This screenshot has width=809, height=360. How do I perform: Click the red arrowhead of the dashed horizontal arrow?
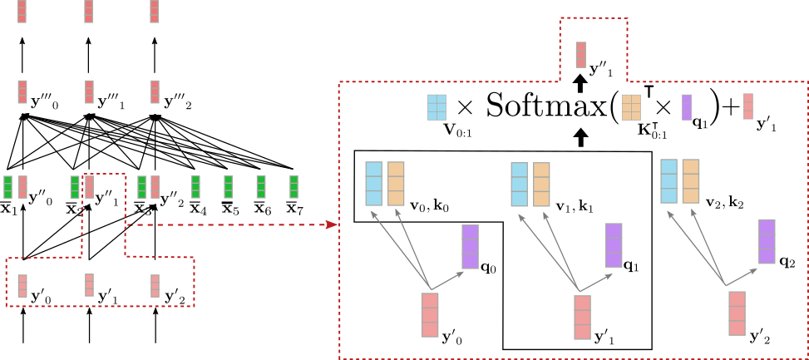[x=332, y=224]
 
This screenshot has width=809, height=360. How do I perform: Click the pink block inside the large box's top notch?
[x=580, y=55]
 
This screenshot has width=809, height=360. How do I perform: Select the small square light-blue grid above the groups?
[x=437, y=107]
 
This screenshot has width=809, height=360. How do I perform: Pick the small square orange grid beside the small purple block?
[x=631, y=107]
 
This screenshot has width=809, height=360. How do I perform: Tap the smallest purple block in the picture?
[x=686, y=107]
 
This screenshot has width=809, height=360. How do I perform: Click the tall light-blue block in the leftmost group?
[x=373, y=184]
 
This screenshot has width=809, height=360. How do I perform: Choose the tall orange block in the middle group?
[x=541, y=185]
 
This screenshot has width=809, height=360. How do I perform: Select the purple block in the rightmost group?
[x=767, y=241]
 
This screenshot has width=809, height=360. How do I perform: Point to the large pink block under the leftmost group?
[x=429, y=314]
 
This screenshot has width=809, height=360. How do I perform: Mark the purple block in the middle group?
[x=614, y=245]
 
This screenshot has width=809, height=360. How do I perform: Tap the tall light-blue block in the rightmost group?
[x=668, y=181]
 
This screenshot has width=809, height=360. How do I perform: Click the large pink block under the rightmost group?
[x=737, y=313]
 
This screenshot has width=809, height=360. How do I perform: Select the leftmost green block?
[x=7, y=187]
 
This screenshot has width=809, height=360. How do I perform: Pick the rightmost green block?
[x=294, y=186]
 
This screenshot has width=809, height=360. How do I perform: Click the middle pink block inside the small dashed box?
[x=89, y=285]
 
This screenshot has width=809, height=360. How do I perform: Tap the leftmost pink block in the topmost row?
[x=22, y=11]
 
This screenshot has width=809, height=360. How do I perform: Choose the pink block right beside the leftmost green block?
[x=22, y=187]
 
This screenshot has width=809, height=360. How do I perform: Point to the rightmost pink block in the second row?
[x=155, y=91]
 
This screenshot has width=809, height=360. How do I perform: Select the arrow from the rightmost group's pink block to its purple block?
[x=742, y=277]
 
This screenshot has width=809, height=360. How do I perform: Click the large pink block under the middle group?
[x=582, y=318]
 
